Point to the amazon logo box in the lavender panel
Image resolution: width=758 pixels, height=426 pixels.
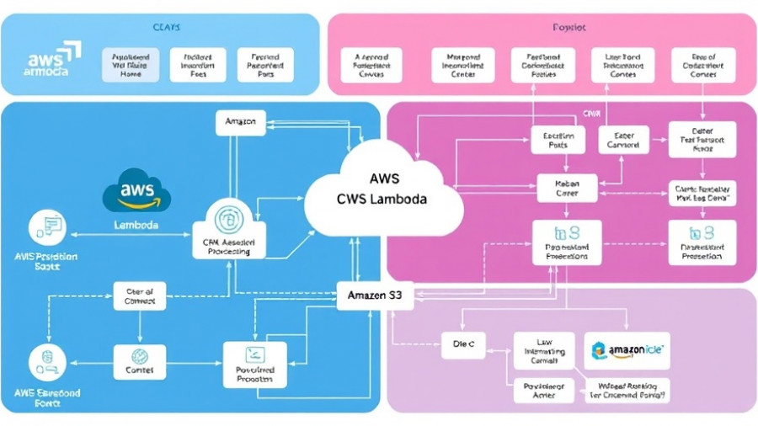pos(627,349)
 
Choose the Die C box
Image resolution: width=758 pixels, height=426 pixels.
pos(463,344)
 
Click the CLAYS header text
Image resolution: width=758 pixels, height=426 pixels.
pos(166,28)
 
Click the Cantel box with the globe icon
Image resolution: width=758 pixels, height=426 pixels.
pos(140,361)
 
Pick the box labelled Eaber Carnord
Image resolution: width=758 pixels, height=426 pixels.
pos(623,139)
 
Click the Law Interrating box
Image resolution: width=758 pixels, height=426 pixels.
pos(543,350)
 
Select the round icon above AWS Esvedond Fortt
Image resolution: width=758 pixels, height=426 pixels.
pos(46,360)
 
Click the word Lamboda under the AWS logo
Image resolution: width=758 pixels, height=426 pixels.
pos(136,226)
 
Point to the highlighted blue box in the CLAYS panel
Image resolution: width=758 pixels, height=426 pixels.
pos(130,65)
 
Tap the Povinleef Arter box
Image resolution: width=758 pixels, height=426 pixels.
pos(543,390)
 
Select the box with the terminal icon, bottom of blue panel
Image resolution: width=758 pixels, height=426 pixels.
pos(254,364)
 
